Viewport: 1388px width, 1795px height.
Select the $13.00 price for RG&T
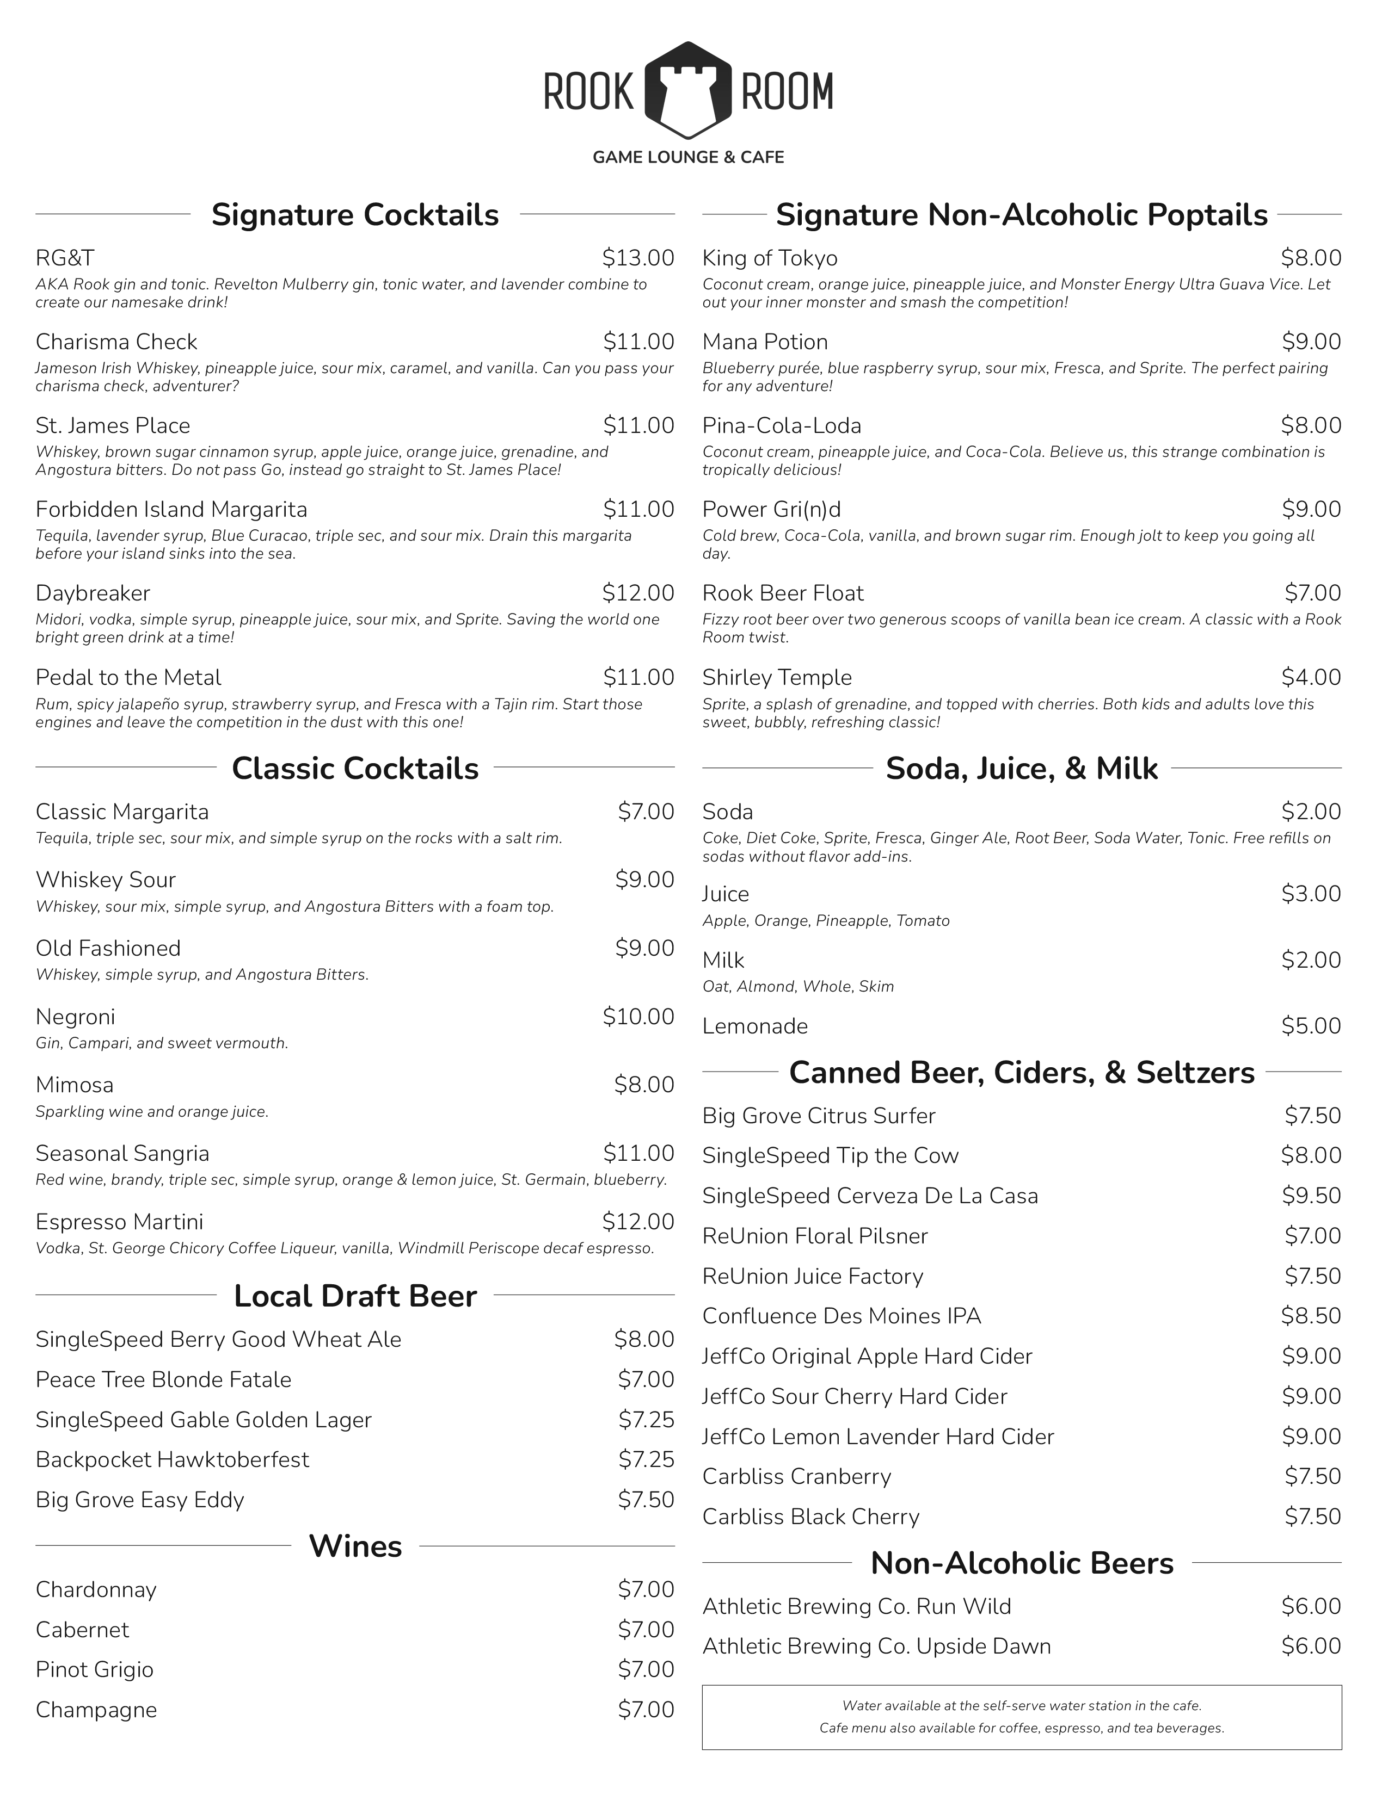point(638,258)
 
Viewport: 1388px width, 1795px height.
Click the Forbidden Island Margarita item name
point(171,510)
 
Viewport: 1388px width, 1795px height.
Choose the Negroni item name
point(76,1017)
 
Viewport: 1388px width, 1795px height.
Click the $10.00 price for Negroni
point(638,1017)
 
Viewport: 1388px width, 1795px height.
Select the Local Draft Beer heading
point(355,1296)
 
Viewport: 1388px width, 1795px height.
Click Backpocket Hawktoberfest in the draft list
point(173,1460)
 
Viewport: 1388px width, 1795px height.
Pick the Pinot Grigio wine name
point(95,1669)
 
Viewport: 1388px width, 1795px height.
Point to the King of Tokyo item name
point(770,258)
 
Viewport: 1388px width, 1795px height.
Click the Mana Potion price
point(1311,342)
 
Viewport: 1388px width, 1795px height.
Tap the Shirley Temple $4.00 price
point(1311,677)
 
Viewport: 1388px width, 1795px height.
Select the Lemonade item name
point(755,1026)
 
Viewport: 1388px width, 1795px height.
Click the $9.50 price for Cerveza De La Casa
point(1311,1196)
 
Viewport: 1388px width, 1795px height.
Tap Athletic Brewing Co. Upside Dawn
point(876,1647)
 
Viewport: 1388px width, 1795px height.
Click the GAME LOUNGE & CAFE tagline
point(688,157)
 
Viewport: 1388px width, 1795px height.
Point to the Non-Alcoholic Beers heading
point(1022,1563)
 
